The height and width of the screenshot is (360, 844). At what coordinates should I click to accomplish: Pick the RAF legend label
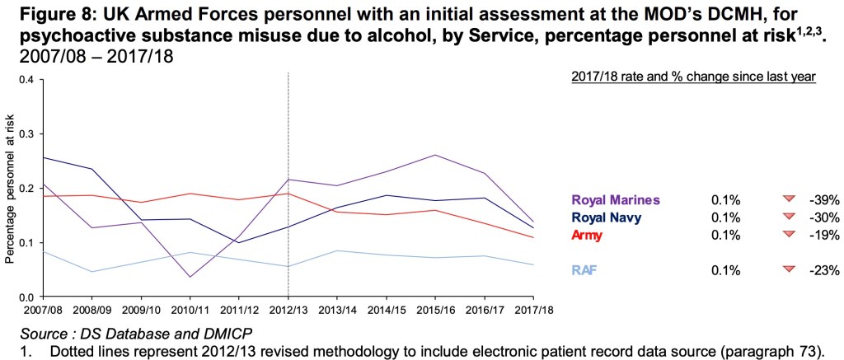click(583, 269)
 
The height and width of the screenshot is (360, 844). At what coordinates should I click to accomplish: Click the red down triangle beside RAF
click(789, 269)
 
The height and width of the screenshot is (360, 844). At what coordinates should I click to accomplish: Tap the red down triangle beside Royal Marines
click(789, 199)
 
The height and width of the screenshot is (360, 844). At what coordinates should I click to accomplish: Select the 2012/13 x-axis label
click(288, 311)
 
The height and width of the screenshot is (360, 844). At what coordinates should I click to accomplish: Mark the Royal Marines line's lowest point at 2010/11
click(190, 277)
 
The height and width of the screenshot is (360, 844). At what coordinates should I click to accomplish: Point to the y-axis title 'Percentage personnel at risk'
click(10, 189)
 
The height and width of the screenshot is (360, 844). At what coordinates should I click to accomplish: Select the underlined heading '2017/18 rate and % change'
click(693, 77)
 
